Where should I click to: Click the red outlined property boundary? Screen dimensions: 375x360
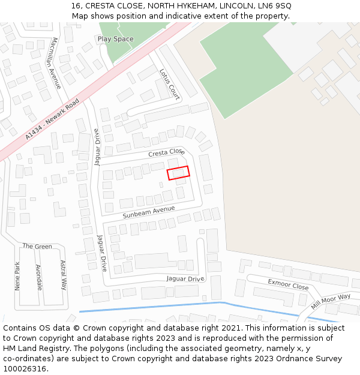point(178,173)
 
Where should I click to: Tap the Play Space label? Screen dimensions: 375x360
point(115,39)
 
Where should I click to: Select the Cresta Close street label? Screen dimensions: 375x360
point(167,153)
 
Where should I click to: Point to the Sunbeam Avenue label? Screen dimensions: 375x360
point(149,212)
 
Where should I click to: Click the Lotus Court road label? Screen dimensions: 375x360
point(169,83)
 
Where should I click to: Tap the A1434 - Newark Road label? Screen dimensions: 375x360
point(52,120)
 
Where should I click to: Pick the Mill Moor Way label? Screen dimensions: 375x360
point(331,301)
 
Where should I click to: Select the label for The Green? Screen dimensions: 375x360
point(37,247)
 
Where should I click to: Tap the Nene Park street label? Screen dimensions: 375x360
point(17,276)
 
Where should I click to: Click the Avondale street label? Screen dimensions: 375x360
point(39,277)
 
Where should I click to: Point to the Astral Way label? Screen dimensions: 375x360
point(63,275)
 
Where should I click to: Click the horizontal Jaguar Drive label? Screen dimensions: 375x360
point(185,279)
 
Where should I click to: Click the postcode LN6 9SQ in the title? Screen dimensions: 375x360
point(275,5)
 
